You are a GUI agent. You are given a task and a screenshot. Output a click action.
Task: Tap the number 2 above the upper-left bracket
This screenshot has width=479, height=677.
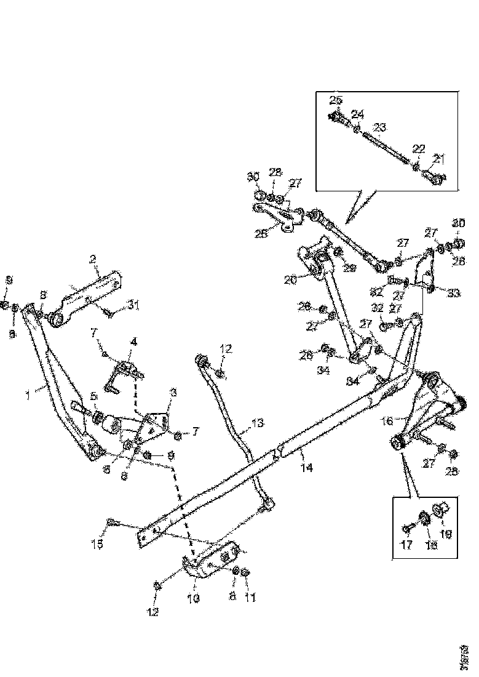93,259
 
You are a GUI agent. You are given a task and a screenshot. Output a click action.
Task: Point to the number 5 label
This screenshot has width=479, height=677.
93,396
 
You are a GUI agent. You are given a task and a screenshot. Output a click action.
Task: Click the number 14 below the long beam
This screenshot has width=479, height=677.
306,468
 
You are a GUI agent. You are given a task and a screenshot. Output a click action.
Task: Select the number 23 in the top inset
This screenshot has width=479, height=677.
379,127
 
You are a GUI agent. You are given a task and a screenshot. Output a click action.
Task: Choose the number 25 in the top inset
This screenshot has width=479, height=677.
335,100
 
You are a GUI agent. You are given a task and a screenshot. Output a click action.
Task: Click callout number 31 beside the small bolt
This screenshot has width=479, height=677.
135,303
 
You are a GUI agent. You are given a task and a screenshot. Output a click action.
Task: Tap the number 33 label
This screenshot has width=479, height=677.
453,294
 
